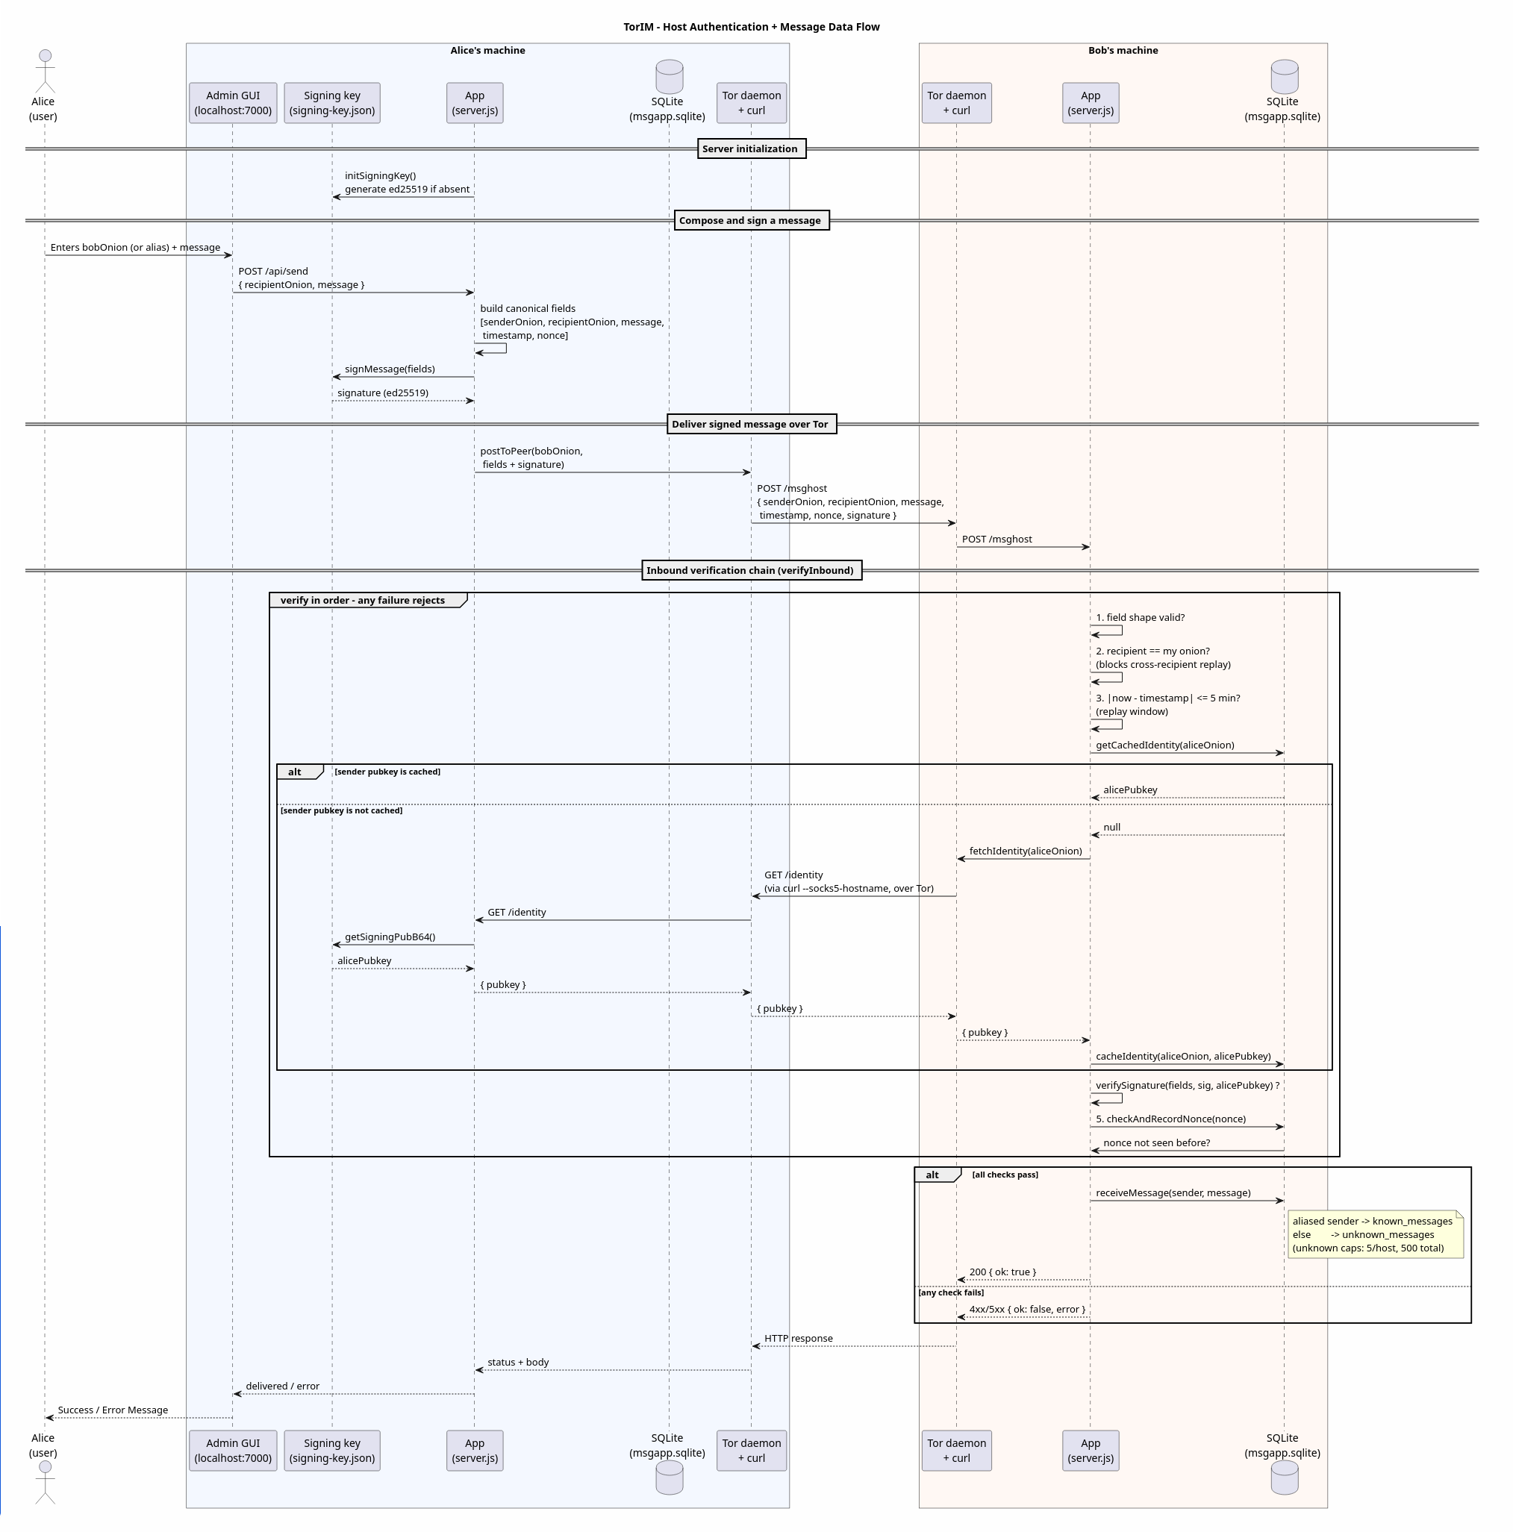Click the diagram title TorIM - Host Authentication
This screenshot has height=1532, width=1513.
pos(751,27)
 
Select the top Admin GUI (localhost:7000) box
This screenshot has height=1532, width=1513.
pos(233,103)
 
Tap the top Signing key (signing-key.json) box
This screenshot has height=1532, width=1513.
pos(332,103)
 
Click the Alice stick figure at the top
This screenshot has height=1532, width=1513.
pos(46,72)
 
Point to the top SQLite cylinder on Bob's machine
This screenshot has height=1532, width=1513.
pos(1285,77)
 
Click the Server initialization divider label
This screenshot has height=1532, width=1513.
pos(752,149)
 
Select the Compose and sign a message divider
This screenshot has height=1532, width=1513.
pos(751,220)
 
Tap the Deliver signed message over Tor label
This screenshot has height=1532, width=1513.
pos(751,425)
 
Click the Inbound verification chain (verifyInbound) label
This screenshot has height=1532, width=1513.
pos(751,570)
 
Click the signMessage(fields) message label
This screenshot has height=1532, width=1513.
pos(390,369)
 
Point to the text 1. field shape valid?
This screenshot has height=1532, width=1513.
pos(1141,618)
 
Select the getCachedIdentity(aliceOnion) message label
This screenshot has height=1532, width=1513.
pos(1165,745)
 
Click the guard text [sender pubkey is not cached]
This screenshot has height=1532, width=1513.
pos(341,810)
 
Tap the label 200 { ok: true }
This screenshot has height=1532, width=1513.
pos(1002,1272)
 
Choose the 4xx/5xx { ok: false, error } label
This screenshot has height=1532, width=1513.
pos(1027,1309)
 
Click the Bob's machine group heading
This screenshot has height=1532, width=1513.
pos(1123,51)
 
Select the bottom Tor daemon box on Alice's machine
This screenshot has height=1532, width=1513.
pos(752,1451)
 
